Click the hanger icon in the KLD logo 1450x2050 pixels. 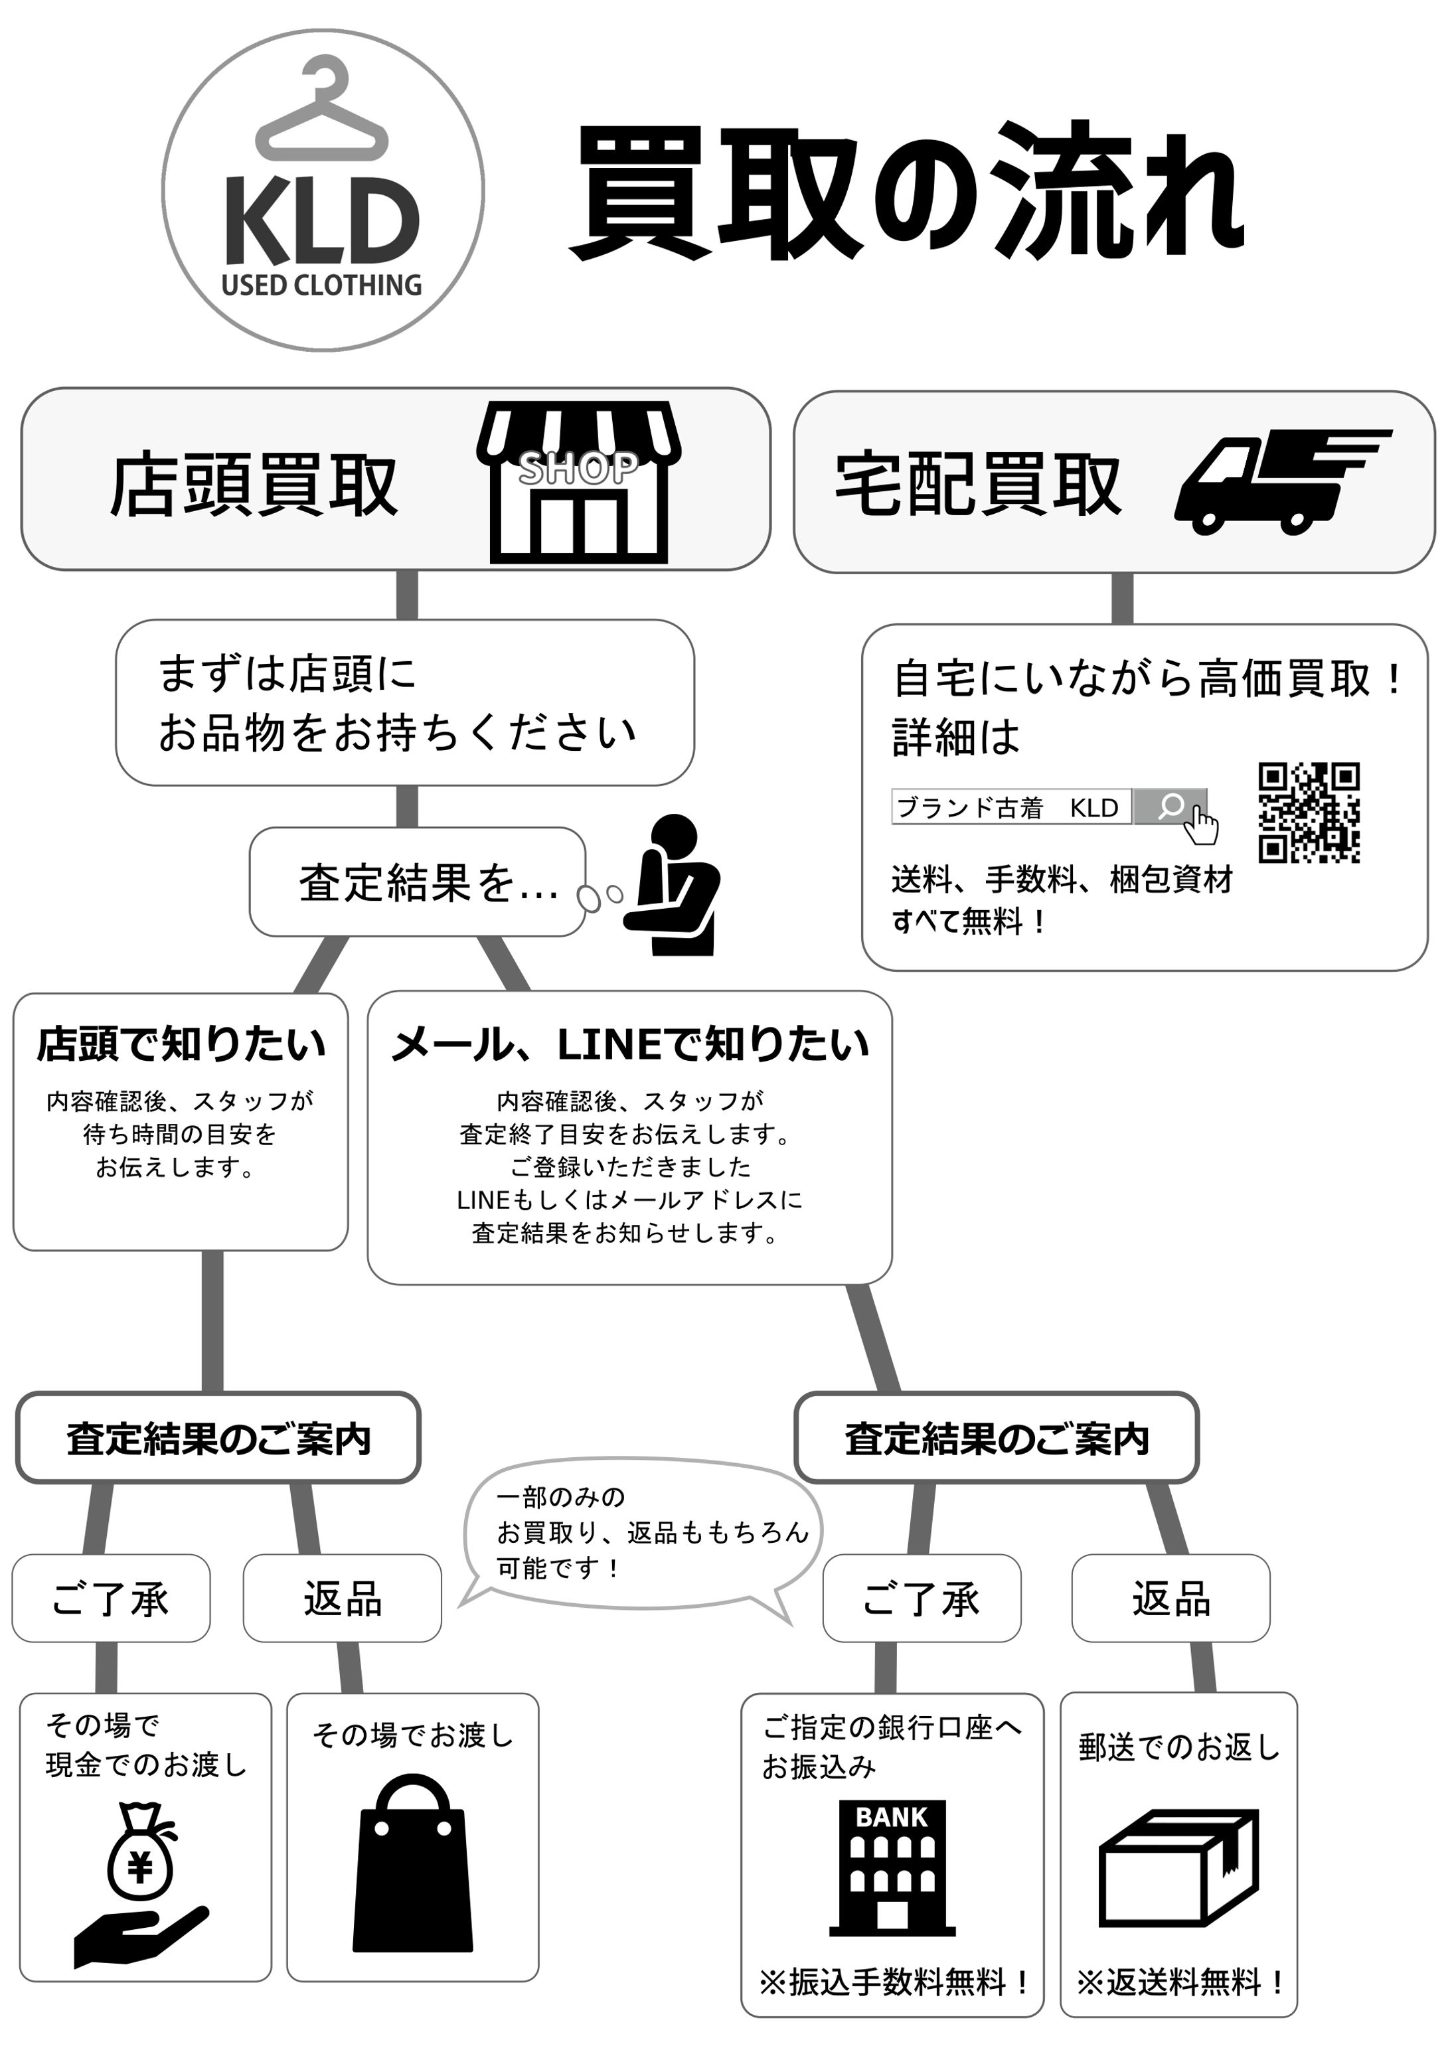tap(321, 112)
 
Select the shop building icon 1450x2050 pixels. tap(578, 482)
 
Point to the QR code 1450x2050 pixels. tap(1308, 813)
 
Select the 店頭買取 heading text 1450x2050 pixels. tap(254, 485)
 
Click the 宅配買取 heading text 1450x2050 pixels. tap(978, 485)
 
